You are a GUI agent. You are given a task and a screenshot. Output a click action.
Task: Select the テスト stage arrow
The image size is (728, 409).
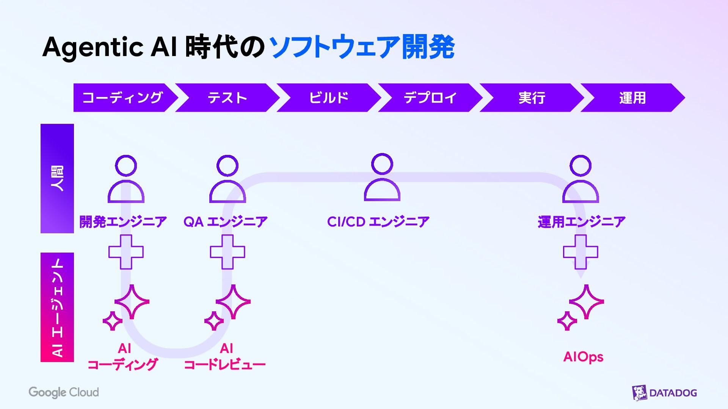tap(227, 98)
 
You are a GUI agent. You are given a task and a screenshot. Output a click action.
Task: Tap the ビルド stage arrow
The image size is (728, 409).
tap(329, 98)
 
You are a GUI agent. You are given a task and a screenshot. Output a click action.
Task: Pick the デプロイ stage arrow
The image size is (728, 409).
tap(430, 98)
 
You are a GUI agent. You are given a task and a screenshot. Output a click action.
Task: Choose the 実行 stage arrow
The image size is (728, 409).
tap(532, 98)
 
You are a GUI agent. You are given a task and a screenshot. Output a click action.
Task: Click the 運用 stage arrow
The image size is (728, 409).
tap(632, 98)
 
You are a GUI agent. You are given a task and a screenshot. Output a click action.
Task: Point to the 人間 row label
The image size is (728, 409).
tap(57, 178)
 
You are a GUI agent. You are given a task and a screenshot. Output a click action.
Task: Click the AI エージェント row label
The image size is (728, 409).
tap(57, 307)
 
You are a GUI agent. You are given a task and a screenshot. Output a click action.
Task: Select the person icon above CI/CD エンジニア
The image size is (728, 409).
tap(382, 177)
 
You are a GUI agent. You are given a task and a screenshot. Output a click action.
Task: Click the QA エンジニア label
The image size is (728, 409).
tap(226, 222)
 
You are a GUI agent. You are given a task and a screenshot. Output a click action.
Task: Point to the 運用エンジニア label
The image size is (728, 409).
tap(581, 222)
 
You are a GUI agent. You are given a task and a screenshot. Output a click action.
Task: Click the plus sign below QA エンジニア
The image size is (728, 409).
tap(227, 252)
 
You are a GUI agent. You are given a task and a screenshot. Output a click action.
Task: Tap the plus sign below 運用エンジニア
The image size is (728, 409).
tap(581, 252)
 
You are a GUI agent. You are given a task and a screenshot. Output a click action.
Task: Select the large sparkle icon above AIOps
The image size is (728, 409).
tap(586, 301)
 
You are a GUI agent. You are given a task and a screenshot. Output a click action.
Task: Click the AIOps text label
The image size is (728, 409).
tap(583, 357)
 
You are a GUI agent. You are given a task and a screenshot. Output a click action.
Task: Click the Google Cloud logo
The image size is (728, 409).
tap(64, 392)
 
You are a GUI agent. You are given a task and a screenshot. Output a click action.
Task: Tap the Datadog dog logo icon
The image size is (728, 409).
tap(639, 393)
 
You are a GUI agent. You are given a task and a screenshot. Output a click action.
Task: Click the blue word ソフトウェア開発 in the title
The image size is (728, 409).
tap(362, 47)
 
